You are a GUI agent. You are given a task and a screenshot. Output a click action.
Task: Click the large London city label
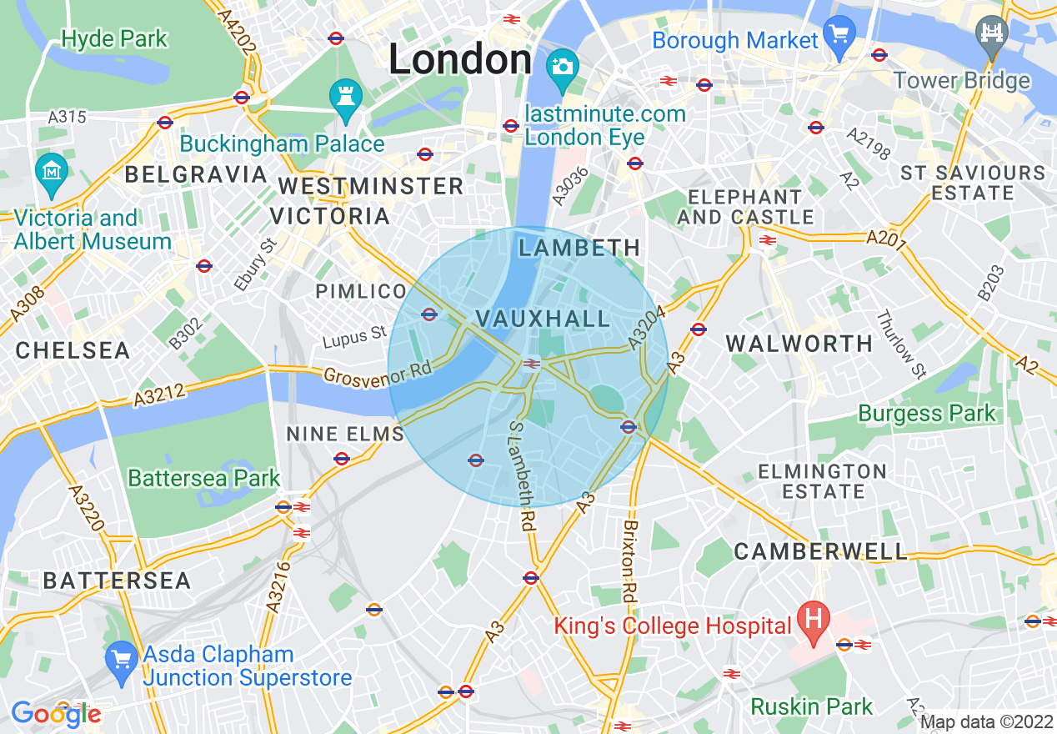pos(460,60)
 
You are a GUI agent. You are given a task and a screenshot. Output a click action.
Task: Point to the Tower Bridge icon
pos(992,34)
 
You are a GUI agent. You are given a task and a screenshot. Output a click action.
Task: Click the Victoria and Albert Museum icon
pos(52,170)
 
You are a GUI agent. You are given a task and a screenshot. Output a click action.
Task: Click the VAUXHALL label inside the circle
pos(543,319)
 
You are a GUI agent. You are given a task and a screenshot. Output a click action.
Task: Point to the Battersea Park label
pos(203,479)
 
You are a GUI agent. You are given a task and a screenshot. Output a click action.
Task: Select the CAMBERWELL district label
pos(820,551)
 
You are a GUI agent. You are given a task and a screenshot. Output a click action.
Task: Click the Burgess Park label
pos(926,413)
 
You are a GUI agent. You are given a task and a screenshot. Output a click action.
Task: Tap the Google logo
pos(55,714)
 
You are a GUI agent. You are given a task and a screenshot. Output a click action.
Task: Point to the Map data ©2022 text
pos(986,721)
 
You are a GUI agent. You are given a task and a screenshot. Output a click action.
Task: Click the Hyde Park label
pos(114,39)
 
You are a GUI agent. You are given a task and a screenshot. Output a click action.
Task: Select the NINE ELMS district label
pos(344,434)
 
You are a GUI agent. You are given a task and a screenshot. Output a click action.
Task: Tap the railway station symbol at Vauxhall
pos(530,364)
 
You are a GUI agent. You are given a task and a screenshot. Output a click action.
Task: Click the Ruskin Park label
pos(811,706)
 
